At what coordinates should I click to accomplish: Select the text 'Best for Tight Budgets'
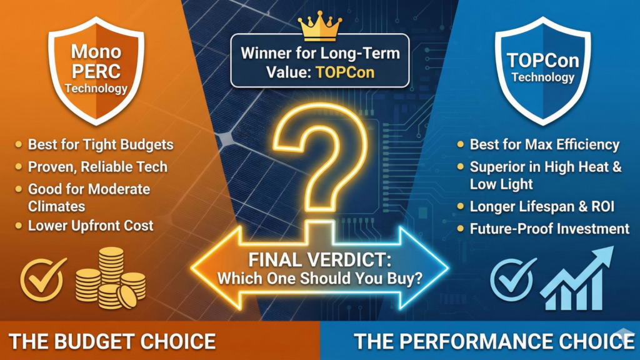pos(101,144)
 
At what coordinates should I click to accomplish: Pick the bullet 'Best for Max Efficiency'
pos(544,145)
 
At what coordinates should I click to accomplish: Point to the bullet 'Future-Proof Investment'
pos(549,228)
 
